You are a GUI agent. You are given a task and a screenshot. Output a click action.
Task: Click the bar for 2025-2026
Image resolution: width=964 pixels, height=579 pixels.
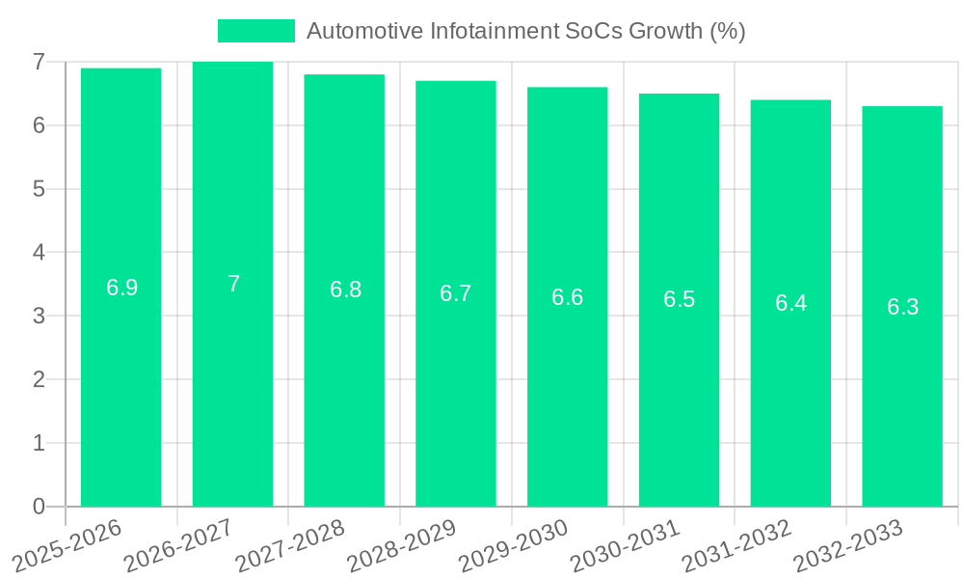120,386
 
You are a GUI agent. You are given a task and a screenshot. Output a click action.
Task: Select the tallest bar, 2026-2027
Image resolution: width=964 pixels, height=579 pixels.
232,386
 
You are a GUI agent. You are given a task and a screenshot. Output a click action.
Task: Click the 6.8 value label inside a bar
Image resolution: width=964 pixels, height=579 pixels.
345,289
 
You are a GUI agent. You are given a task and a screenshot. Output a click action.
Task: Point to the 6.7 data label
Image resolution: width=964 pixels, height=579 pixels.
456,293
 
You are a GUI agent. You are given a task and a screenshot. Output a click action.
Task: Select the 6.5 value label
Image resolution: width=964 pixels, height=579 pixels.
679,299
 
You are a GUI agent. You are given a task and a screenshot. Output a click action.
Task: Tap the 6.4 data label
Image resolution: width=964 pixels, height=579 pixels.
790,303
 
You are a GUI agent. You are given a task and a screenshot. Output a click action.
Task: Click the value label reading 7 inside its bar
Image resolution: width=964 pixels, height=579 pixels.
233,284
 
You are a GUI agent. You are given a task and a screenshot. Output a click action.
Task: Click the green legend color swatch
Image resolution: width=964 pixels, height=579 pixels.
255,31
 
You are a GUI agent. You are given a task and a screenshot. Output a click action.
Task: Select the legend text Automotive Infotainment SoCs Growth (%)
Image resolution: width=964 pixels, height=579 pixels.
525,31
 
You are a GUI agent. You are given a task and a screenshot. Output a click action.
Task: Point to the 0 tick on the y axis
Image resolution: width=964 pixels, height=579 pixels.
39,507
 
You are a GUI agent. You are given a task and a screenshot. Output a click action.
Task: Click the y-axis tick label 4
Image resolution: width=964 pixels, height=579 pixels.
39,252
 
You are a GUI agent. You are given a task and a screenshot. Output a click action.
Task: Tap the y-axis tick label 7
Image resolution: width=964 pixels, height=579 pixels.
39,62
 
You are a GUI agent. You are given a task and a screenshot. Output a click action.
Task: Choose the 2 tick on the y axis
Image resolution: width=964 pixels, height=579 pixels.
39,379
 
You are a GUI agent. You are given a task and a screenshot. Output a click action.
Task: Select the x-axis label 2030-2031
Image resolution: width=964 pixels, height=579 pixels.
626,546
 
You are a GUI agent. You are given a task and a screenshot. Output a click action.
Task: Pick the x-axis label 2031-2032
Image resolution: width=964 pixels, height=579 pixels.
737,546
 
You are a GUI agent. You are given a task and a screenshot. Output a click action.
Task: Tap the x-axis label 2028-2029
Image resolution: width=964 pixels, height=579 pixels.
402,546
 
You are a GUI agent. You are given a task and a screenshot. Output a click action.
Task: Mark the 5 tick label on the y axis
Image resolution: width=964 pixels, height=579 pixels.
39,189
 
